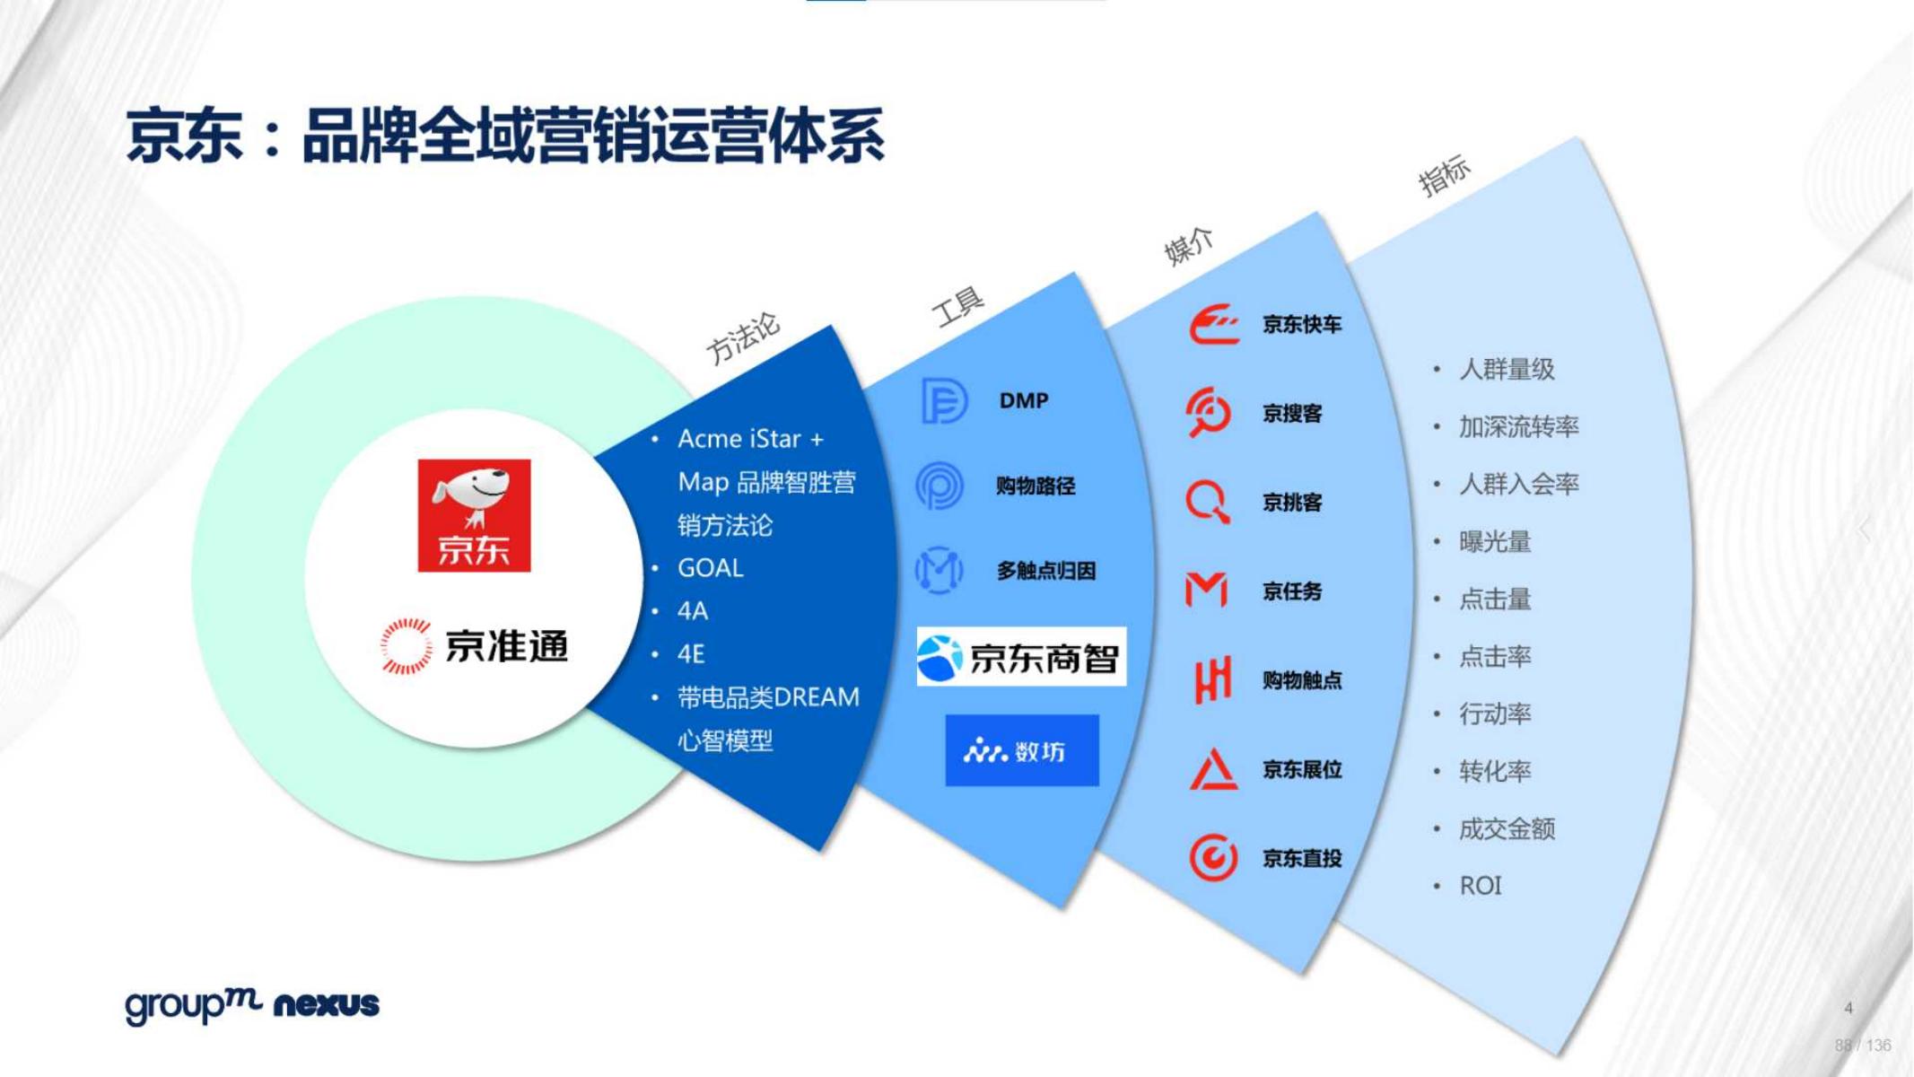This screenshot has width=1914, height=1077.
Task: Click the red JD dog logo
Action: tap(474, 515)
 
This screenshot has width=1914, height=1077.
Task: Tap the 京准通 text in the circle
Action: tap(506, 646)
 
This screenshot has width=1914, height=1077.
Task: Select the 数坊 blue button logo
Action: tap(1021, 750)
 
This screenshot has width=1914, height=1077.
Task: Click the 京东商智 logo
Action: tap(1021, 657)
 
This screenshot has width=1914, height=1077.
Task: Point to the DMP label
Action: tap(1023, 400)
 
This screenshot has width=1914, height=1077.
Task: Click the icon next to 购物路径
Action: tap(940, 486)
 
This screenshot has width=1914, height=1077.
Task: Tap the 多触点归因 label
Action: tap(1045, 571)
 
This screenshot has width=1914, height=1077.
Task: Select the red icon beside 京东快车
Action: tap(1214, 325)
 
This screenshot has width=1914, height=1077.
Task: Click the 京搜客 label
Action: tap(1292, 414)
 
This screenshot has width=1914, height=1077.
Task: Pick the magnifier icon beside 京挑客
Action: tap(1208, 502)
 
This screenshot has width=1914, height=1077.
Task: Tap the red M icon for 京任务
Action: tap(1206, 591)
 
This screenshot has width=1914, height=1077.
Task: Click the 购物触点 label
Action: tap(1302, 680)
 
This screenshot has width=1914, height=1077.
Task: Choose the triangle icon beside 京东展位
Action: tap(1213, 769)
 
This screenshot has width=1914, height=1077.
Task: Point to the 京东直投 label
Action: tap(1302, 859)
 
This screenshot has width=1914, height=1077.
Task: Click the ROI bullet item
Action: tap(1480, 886)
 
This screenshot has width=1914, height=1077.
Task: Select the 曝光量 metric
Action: tap(1495, 542)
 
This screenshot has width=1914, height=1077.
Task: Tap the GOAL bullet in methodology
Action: tap(710, 568)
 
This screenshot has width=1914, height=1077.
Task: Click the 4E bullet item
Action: tap(691, 654)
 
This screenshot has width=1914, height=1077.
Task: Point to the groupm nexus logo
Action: tap(252, 1004)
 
